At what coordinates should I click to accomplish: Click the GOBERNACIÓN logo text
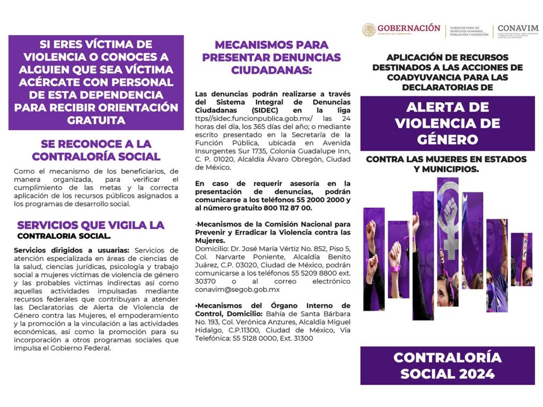coord(408,28)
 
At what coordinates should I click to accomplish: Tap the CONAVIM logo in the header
coord(518,29)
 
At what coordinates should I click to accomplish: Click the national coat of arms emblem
coord(369,30)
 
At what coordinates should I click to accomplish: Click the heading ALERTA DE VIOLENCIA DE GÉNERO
coord(447,123)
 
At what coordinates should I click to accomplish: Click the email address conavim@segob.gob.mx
coord(237,290)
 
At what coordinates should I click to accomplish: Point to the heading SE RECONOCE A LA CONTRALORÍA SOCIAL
coord(96,150)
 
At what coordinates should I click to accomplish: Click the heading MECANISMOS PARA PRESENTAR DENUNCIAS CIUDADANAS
coord(271,57)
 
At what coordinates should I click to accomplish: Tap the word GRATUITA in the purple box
coord(96,120)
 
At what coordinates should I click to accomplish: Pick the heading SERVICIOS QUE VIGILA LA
coord(91,225)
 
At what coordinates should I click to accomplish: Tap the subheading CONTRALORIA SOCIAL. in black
coord(64,236)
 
